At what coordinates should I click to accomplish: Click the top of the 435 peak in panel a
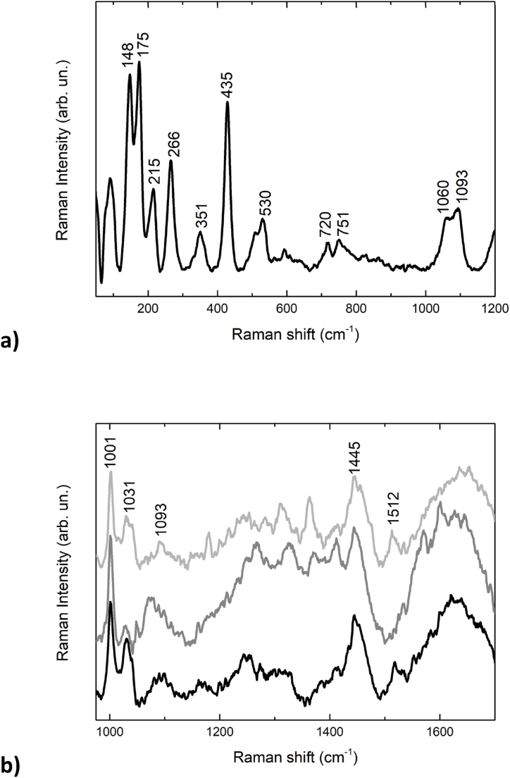[227, 102]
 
